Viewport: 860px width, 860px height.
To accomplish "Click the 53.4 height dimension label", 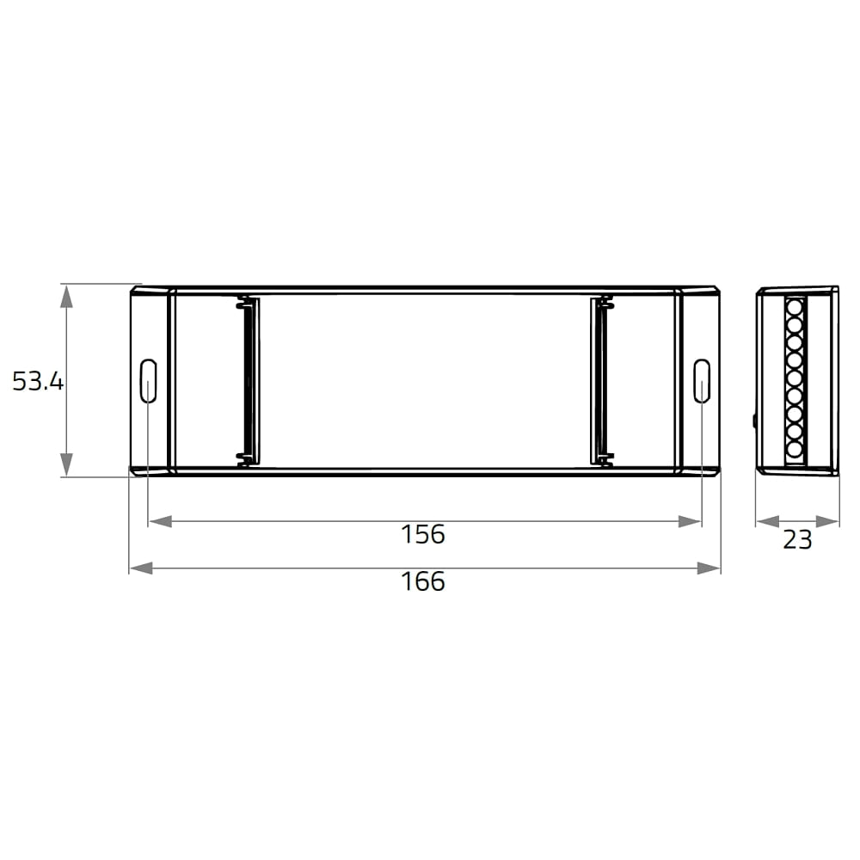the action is pyautogui.click(x=38, y=381).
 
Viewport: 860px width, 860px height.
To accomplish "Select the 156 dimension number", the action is pyautogui.click(x=423, y=534).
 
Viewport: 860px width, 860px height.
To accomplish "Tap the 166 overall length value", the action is pyautogui.click(x=423, y=582).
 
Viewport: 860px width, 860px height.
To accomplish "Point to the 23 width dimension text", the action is pyautogui.click(x=797, y=540).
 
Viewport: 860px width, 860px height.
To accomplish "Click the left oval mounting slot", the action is pyautogui.click(x=149, y=381).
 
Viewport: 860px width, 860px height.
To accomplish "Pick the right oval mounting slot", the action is pyautogui.click(x=702, y=381).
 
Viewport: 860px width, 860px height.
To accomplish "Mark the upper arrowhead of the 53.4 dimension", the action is pyautogui.click(x=66, y=296).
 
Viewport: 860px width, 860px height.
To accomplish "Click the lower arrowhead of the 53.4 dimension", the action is pyautogui.click(x=66, y=464).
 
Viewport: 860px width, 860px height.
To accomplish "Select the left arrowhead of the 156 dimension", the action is pyautogui.click(x=160, y=521).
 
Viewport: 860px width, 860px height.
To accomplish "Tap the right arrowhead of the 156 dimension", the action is pyautogui.click(x=690, y=521).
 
